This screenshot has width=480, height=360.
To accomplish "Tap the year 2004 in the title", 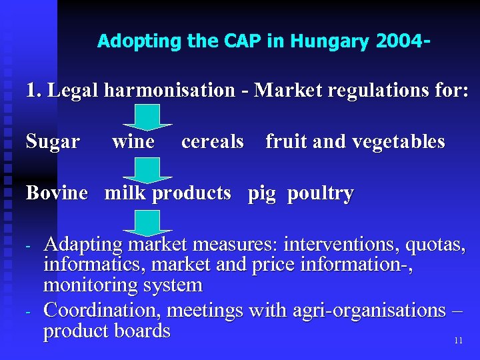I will [399, 41].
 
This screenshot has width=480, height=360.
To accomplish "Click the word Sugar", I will [53, 142].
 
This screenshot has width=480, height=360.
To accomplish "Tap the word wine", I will [133, 142].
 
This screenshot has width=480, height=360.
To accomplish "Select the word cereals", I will [212, 142].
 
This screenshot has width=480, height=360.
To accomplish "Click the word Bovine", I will [57, 193].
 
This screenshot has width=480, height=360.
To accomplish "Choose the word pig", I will [261, 194].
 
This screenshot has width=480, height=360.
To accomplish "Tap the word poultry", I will [320, 194].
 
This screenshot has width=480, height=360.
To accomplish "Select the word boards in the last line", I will [141, 331].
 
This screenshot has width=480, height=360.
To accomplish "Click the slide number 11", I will [458, 341].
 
